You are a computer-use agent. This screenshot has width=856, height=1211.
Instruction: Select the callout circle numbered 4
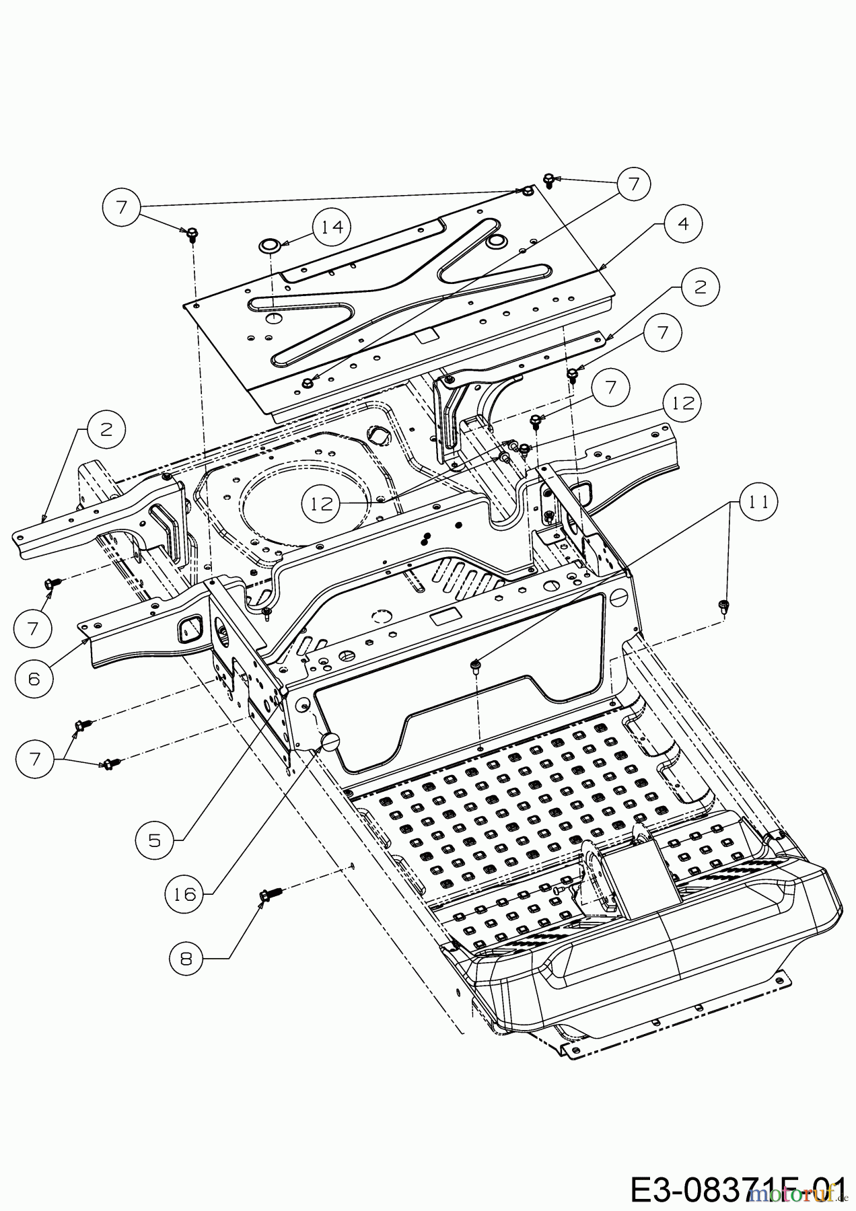tap(683, 224)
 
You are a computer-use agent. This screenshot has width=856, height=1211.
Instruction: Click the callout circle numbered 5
tap(154, 840)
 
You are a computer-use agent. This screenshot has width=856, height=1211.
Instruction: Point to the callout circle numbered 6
tap(35, 677)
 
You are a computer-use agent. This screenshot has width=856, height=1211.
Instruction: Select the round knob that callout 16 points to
tap(330, 742)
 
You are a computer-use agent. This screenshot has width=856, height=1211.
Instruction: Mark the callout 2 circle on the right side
tap(700, 287)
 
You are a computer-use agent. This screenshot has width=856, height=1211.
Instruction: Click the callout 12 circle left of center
tap(322, 503)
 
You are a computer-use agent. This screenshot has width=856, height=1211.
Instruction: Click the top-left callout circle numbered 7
tap(122, 208)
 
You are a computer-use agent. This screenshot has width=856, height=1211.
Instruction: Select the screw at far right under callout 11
tap(724, 605)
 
